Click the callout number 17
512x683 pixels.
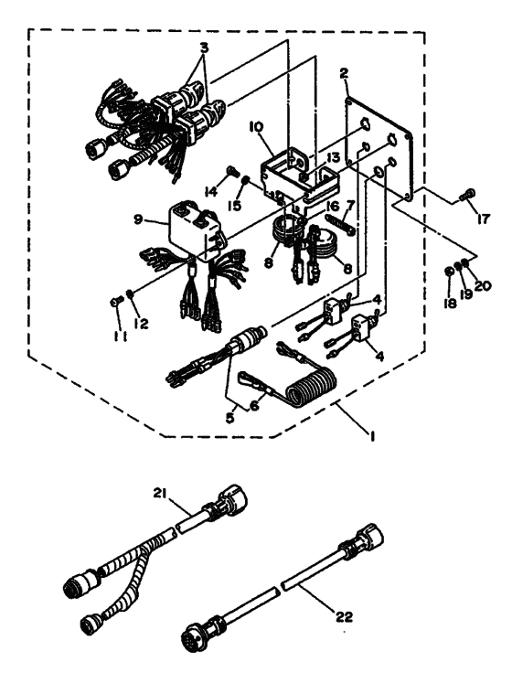[x=484, y=219]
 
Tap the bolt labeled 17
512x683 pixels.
[x=466, y=197]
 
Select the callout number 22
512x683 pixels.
[x=344, y=617]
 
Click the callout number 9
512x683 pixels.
[x=138, y=219]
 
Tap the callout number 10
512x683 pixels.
[x=256, y=127]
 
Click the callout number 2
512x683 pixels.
[x=345, y=73]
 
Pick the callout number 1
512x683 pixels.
[x=372, y=436]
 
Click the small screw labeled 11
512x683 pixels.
[x=116, y=301]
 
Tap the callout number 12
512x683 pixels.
[x=141, y=323]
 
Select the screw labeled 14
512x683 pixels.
[x=232, y=171]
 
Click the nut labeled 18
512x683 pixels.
[x=450, y=272]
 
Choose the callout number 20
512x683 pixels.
[x=484, y=286]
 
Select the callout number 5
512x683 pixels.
[x=229, y=418]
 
